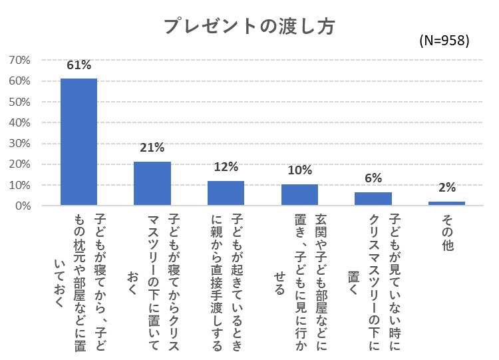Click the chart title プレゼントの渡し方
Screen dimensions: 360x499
pyautogui.click(x=249, y=25)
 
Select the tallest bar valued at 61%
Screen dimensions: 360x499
pyautogui.click(x=79, y=141)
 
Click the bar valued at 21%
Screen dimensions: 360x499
pyautogui.click(x=152, y=183)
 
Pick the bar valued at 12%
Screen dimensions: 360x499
pyautogui.click(x=226, y=192)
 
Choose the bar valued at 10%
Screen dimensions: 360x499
pyautogui.click(x=299, y=194)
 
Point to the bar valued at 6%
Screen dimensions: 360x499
pyautogui.click(x=373, y=198)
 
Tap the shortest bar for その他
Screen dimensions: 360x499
pyautogui.click(x=446, y=203)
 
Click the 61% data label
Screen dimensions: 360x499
pyautogui.click(x=79, y=66)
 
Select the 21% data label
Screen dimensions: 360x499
pyautogui.click(x=152, y=148)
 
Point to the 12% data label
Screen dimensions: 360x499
pyautogui.click(x=226, y=168)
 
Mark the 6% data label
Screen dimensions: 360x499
pyautogui.click(x=373, y=179)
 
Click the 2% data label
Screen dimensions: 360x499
pyautogui.click(x=446, y=188)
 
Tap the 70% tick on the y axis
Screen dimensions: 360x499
pyautogui.click(x=20, y=61)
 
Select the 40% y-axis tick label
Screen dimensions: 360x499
pyautogui.click(x=20, y=123)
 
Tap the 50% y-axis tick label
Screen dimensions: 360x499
pyautogui.click(x=20, y=102)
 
